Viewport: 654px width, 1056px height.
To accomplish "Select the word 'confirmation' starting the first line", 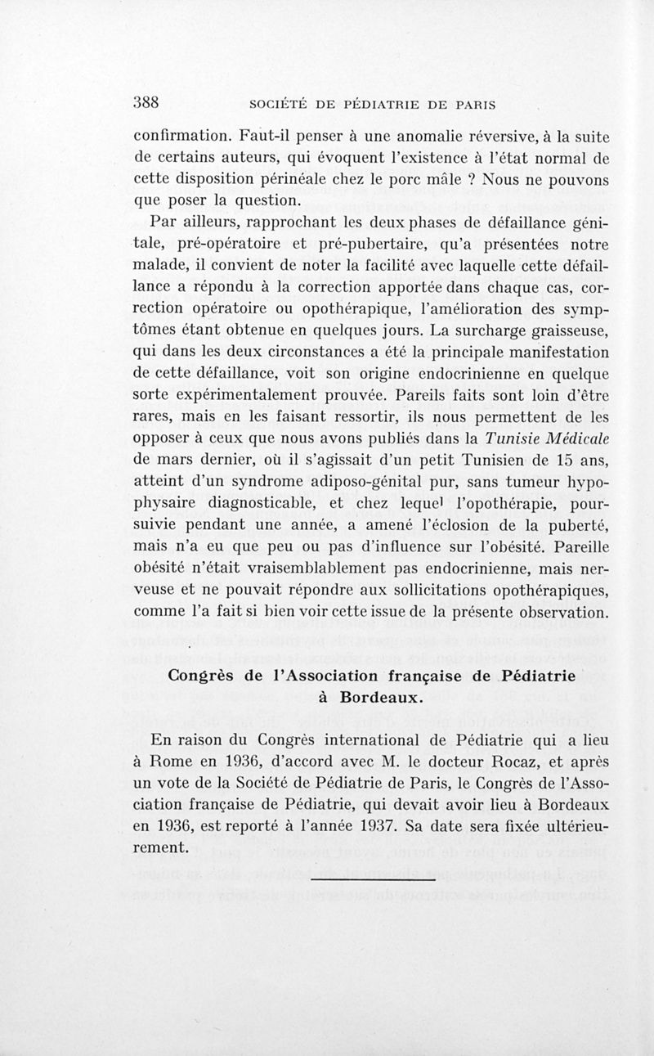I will point(181,136).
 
